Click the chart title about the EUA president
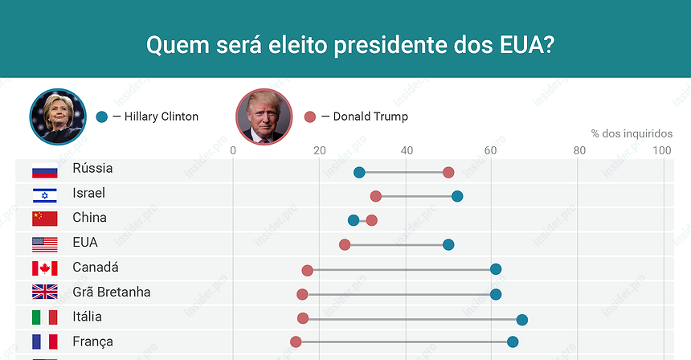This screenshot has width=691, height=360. (x=348, y=43)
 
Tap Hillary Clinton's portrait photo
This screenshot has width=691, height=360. (x=58, y=116)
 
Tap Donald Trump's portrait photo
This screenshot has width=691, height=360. (x=264, y=117)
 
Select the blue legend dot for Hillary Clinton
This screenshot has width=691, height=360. (x=101, y=117)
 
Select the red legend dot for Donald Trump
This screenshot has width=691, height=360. (x=310, y=117)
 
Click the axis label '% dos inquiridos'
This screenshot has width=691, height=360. (x=632, y=133)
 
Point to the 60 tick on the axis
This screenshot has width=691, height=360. (x=491, y=150)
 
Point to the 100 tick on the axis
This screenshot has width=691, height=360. (x=662, y=150)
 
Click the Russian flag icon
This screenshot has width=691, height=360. (x=44, y=170)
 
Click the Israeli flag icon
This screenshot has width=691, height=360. (x=44, y=194)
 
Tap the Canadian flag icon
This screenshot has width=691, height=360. (x=44, y=268)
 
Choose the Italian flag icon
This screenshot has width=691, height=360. (x=44, y=317)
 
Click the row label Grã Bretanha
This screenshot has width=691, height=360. (x=111, y=292)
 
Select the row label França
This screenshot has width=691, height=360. (x=92, y=342)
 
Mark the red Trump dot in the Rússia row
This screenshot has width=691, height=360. (x=448, y=172)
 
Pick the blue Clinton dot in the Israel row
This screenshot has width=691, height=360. (x=457, y=196)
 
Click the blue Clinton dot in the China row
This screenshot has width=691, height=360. (x=354, y=220)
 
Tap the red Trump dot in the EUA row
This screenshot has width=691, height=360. (x=345, y=244)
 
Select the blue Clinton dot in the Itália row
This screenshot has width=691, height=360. (x=521, y=320)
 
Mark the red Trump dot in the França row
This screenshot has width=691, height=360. (x=296, y=342)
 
